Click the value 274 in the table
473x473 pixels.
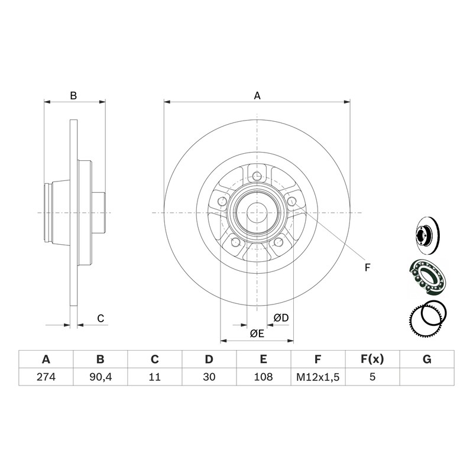pos(46,377)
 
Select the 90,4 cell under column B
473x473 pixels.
pos(101,377)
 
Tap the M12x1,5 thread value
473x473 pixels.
pos(318,377)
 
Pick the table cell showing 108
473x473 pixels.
pos(263,377)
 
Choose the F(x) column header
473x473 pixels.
pos(372,359)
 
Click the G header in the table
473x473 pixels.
pos(427,359)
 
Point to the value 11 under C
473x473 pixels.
pos(154,377)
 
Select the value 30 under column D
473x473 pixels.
pos(209,377)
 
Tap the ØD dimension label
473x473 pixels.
pos(281,318)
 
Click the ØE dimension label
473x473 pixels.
pos(257,333)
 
